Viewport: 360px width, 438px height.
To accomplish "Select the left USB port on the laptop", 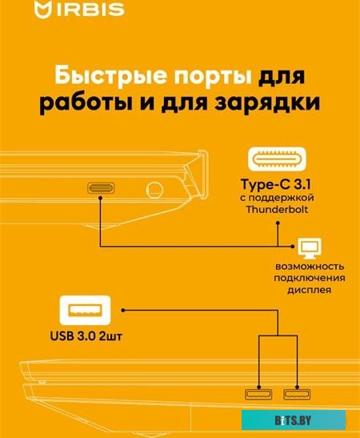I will coord(258,394).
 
